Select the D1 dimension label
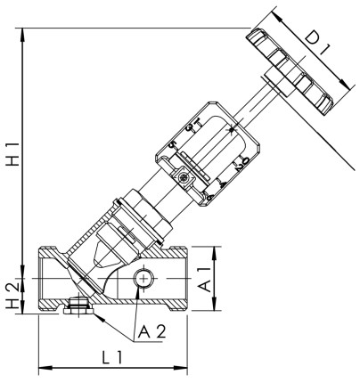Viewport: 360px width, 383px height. pos(318,51)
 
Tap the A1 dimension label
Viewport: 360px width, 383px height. pos(204,279)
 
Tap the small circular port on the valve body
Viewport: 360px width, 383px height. pos(141,281)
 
